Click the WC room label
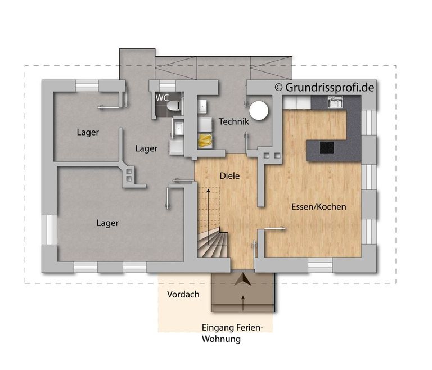point(163,98)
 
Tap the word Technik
point(233,121)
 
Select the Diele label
point(229,176)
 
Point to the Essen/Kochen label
point(318,207)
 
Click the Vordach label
point(183,295)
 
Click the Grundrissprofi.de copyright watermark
point(325,87)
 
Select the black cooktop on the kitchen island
point(327,147)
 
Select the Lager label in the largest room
point(107,223)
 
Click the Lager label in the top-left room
point(88,133)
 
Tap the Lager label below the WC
point(146,148)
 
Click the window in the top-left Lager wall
point(87,85)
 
